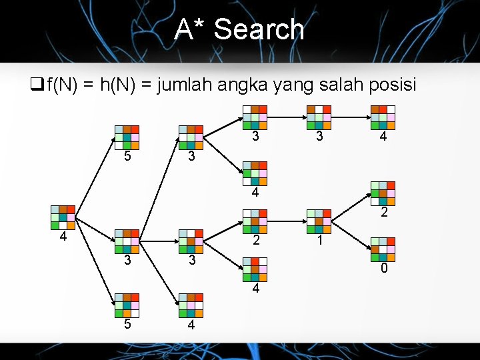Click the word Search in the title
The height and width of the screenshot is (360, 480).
259,30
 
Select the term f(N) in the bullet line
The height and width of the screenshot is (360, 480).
62,85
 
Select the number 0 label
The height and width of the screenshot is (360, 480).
383,269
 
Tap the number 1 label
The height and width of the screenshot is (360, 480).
320,239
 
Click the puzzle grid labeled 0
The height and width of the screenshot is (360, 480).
383,249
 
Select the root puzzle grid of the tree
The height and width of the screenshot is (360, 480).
63,217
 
